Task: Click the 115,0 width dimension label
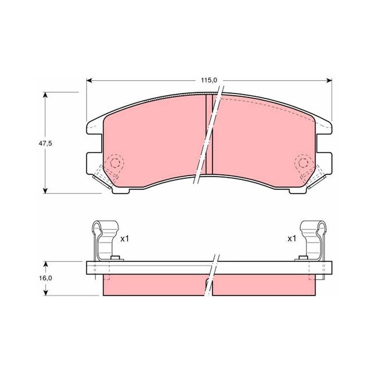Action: [x=209, y=80]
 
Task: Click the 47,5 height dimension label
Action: [x=45, y=144]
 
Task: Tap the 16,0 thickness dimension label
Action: [x=45, y=278]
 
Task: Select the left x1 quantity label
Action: [x=124, y=239]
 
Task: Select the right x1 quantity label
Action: [x=292, y=239]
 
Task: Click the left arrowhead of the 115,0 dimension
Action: [x=89, y=81]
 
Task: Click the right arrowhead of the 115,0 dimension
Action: [x=329, y=81]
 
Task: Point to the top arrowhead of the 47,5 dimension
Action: [x=45, y=95]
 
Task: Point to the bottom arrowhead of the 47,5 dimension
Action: [x=45, y=191]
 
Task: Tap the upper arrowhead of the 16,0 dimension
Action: [x=46, y=264]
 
